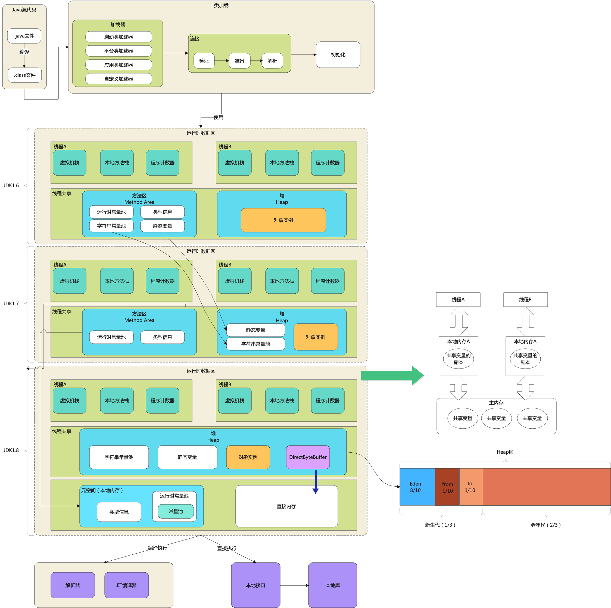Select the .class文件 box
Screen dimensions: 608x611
(25, 75)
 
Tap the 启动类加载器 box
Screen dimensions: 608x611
(119, 37)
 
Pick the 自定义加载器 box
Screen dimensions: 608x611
(119, 79)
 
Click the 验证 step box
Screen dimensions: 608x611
(204, 61)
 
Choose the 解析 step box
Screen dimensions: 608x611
(272, 61)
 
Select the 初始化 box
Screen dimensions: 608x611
(338, 54)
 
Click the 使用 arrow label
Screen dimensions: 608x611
(218, 117)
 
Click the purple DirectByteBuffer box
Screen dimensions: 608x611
(308, 457)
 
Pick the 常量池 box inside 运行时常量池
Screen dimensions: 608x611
(176, 511)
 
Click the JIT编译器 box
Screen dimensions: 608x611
(126, 585)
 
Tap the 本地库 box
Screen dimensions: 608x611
(333, 585)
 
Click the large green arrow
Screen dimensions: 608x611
(392, 376)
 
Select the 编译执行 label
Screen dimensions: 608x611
(157, 548)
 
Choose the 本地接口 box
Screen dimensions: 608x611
(255, 585)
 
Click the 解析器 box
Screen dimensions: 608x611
(73, 585)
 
